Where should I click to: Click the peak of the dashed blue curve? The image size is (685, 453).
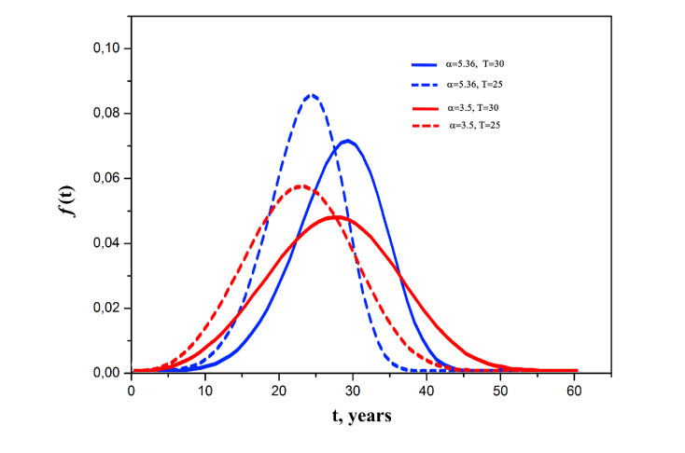[313, 95]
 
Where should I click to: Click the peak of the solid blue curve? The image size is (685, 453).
[347, 142]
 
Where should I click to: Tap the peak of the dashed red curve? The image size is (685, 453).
[301, 186]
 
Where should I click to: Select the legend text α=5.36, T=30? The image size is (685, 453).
[474, 64]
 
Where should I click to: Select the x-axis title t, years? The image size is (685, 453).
[353, 417]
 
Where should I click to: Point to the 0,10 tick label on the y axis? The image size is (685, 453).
[105, 48]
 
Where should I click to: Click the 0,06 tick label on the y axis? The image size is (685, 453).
[105, 178]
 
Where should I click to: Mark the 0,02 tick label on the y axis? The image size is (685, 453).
[105, 308]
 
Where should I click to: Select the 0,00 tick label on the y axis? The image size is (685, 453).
[105, 373]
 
